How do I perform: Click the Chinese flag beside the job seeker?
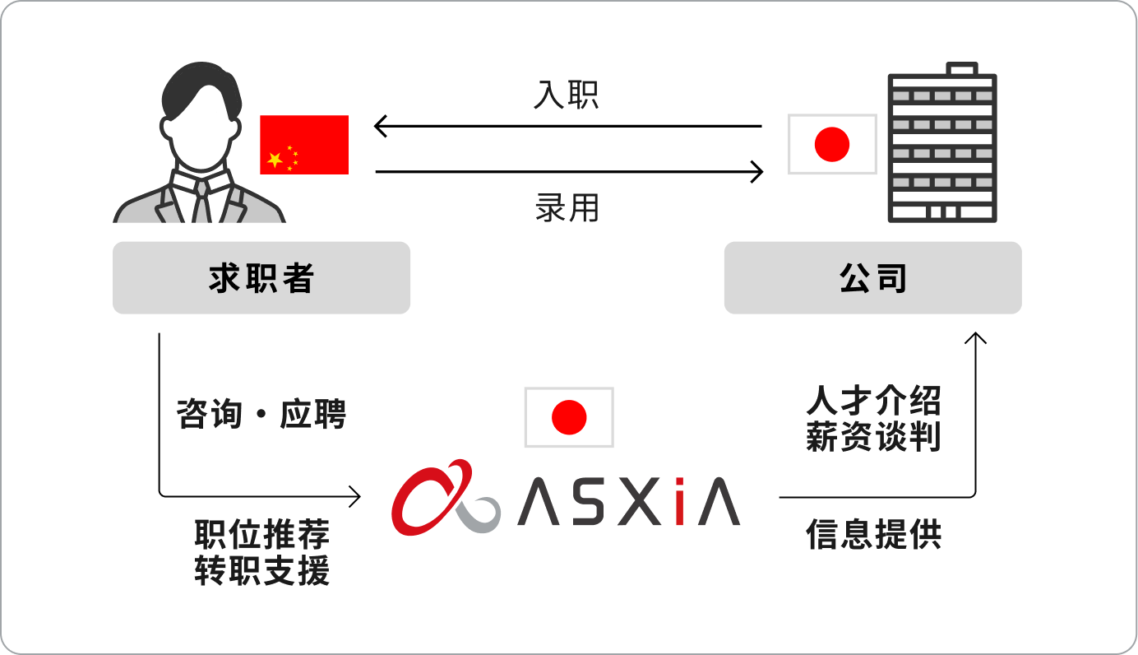(x=304, y=145)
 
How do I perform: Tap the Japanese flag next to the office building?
(x=832, y=144)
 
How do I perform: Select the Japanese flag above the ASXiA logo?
(x=569, y=417)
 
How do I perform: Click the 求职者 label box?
(x=261, y=278)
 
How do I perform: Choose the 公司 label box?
(x=872, y=278)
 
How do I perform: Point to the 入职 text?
(x=567, y=95)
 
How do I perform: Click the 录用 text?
(x=567, y=207)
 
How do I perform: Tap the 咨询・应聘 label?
(x=261, y=414)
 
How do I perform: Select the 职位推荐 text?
(x=261, y=535)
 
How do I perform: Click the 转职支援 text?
(x=261, y=570)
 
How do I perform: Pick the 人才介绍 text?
(x=873, y=402)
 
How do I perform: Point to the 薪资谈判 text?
(x=873, y=437)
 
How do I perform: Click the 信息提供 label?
(x=873, y=535)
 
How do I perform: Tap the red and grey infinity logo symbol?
(x=445, y=497)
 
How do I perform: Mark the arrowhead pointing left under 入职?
(x=379, y=127)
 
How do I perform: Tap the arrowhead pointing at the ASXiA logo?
(x=356, y=496)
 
